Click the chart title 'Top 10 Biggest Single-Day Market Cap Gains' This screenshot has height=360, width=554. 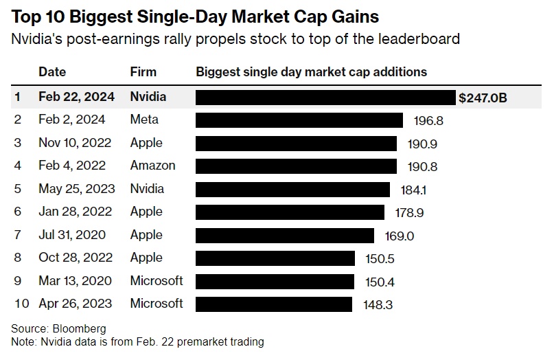(196, 15)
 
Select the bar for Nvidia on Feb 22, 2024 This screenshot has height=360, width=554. (325, 97)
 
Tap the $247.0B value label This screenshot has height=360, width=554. (483, 98)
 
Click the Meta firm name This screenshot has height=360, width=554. (144, 120)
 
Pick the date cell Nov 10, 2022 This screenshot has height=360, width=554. (71, 143)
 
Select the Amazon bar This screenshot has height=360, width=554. (296, 166)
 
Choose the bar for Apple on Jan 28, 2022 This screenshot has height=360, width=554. (290, 212)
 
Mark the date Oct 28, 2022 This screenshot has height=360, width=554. (71, 258)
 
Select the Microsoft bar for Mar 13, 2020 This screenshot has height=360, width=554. (275, 281)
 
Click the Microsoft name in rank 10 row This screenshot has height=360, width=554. (157, 303)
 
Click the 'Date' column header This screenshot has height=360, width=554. (51, 71)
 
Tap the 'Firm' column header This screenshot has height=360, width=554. (143, 71)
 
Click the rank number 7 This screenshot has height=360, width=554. (19, 235)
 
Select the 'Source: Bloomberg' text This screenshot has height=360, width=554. (58, 328)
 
